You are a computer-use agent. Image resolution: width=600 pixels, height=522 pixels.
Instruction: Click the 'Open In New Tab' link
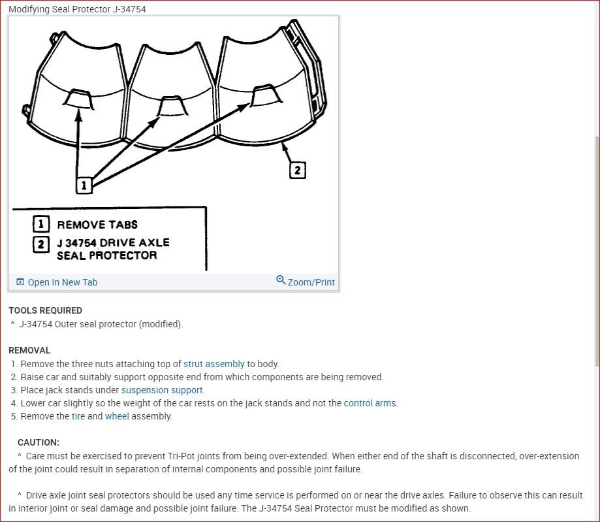(x=62, y=282)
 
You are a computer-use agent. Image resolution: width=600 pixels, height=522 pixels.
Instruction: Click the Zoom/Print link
(x=311, y=282)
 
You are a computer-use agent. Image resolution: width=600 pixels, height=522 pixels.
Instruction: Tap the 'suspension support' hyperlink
(x=162, y=390)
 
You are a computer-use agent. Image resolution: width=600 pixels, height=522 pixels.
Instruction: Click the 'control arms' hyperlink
(x=370, y=403)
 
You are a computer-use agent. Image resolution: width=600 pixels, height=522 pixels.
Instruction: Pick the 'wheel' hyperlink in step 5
(x=117, y=416)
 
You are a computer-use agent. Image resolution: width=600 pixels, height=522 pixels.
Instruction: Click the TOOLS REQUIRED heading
(x=45, y=310)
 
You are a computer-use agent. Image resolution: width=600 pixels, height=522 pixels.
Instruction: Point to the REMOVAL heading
(x=29, y=350)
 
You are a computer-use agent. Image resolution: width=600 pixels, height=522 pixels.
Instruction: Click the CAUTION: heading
(x=39, y=442)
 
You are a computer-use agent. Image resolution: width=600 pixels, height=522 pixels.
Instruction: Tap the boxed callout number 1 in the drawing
(x=83, y=186)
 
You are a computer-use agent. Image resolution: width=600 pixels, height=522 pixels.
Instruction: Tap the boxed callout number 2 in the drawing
(x=297, y=170)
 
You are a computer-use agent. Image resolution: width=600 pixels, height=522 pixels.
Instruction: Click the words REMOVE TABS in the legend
(x=97, y=225)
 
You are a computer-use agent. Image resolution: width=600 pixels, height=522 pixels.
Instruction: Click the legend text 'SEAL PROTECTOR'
(x=107, y=255)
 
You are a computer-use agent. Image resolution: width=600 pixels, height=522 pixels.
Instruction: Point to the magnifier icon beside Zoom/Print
(x=281, y=280)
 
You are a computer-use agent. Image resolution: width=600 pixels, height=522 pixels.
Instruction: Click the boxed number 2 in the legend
(x=41, y=244)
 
